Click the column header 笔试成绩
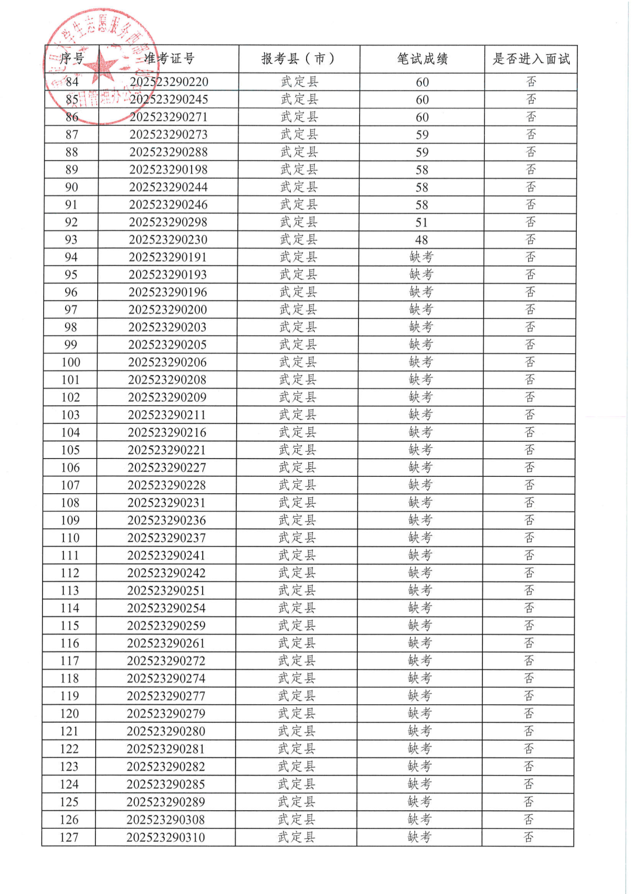click(422, 59)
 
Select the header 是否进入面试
click(530, 59)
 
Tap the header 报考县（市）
click(299, 59)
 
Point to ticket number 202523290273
click(168, 135)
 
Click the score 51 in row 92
click(421, 223)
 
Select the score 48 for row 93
click(421, 240)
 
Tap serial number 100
click(70, 362)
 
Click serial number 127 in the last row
click(69, 837)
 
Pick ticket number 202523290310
click(166, 837)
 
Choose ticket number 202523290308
click(166, 820)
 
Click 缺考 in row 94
click(421, 257)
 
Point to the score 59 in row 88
click(422, 152)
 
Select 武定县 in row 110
click(297, 538)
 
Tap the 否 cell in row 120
click(529, 714)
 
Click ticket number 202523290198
click(168, 170)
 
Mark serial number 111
click(70, 555)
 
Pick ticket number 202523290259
click(166, 626)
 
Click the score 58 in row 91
click(421, 205)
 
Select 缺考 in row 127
click(419, 837)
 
